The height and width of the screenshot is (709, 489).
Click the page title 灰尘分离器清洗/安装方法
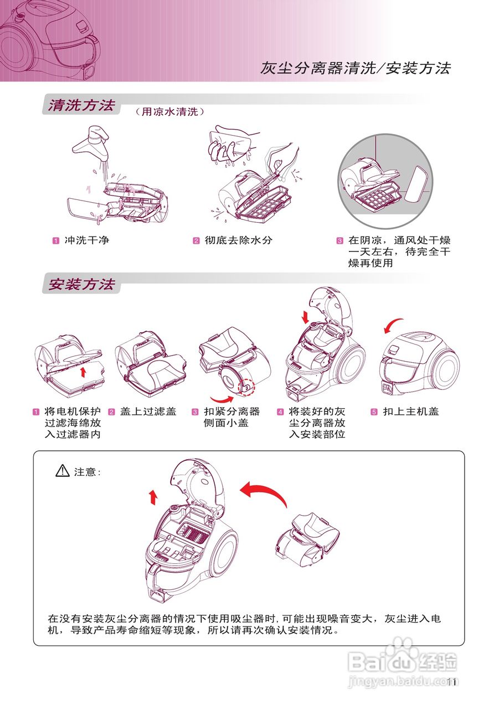coord(356,68)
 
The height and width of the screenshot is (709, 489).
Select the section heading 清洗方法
coord(81,105)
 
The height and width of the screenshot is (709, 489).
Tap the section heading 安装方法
coord(81,284)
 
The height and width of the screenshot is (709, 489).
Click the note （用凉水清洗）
coord(170,111)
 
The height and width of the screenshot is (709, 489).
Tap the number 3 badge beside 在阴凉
coord(340,241)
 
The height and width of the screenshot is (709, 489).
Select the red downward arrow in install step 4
coord(305,318)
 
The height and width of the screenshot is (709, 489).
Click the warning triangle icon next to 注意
coord(62,471)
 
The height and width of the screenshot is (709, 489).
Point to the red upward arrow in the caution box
coord(153,496)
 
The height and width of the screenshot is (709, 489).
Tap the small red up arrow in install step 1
coord(83,371)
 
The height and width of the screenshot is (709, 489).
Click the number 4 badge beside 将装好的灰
coord(280,412)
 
